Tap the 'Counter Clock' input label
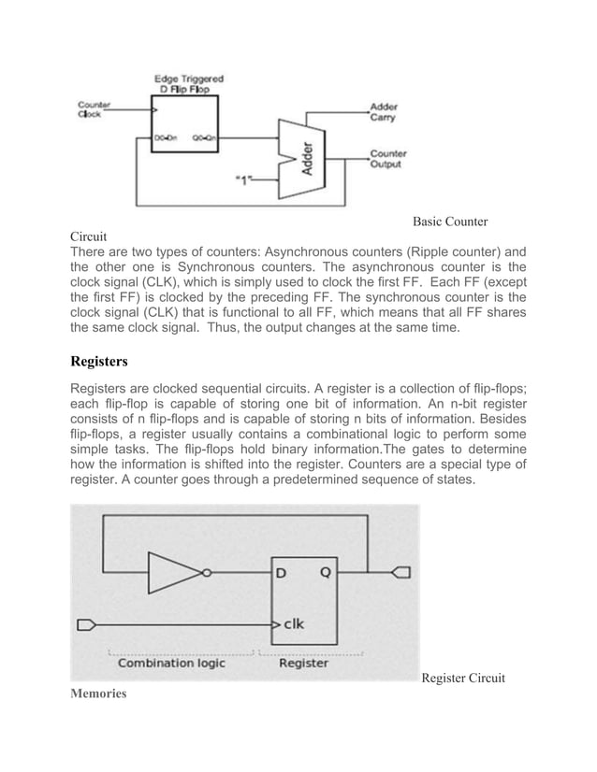pyautogui.click(x=92, y=108)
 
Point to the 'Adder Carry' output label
pyautogui.click(x=386, y=112)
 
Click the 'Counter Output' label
pyautogui.click(x=387, y=160)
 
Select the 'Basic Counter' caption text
pyautogui.click(x=451, y=222)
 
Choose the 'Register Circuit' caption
pyautogui.click(x=463, y=678)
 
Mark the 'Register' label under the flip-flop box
pyautogui.click(x=304, y=663)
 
